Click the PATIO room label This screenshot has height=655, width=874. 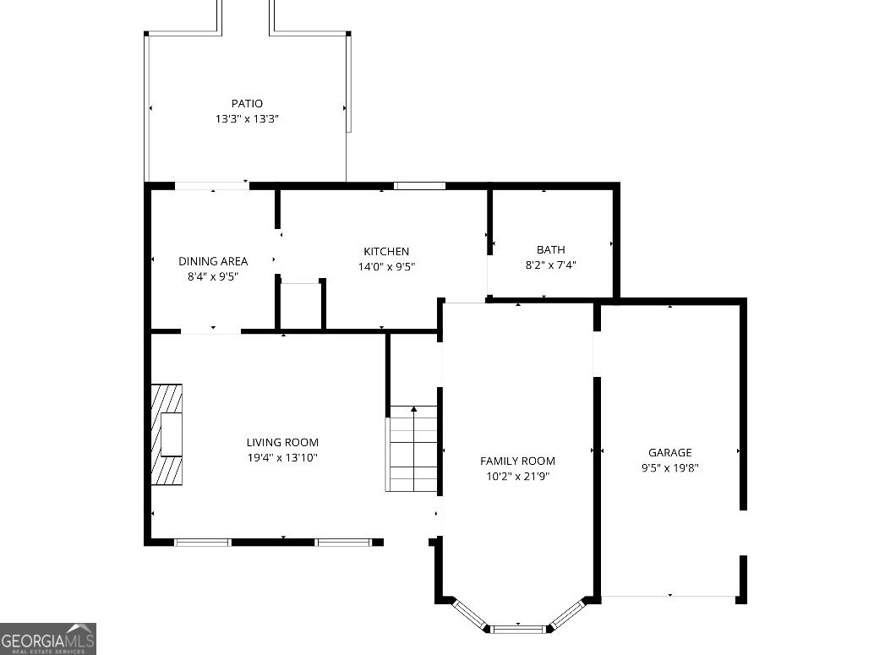point(247,104)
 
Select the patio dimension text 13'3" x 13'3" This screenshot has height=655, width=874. point(247,119)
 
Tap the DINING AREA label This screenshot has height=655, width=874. point(213,261)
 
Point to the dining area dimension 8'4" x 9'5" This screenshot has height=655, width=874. point(213,276)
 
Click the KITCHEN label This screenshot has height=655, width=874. point(386,251)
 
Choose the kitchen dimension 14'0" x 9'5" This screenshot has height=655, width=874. point(386,266)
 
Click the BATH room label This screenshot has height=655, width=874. point(551,249)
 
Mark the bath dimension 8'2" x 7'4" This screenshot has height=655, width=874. point(551,265)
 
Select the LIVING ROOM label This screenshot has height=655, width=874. point(282,442)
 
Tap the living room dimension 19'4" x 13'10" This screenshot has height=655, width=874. point(282,457)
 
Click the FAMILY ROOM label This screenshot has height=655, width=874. point(517,461)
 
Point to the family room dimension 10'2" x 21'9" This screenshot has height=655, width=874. point(517,475)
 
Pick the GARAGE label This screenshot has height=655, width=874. point(669,452)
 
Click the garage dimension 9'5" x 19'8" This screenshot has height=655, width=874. point(669,467)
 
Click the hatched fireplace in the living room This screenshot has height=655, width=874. point(167,434)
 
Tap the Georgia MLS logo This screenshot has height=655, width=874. point(48,638)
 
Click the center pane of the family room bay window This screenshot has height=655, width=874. point(518,628)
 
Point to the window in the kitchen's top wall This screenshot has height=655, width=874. point(419,186)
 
